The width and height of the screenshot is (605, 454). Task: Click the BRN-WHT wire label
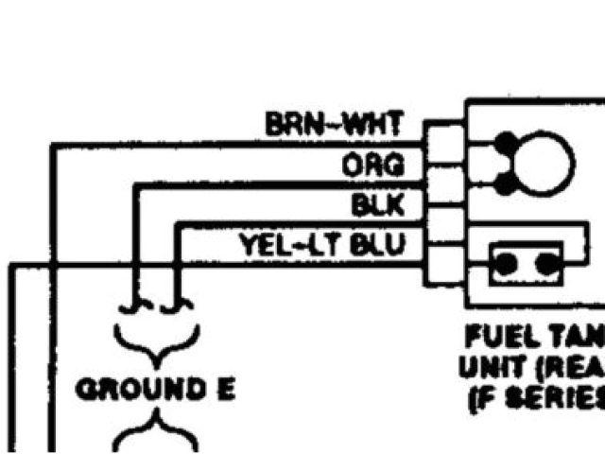335,123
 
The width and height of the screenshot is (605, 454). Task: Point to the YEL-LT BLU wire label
321,245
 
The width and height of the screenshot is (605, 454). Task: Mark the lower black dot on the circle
508,180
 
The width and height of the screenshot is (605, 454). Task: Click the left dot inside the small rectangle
507,264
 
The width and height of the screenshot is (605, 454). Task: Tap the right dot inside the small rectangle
545,264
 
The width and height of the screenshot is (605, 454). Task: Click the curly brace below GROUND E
157,434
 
